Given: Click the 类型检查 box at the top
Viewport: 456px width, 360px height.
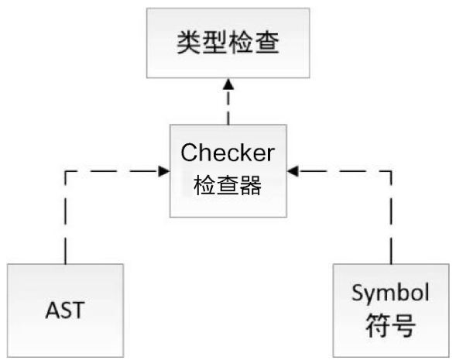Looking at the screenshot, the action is (x=228, y=43).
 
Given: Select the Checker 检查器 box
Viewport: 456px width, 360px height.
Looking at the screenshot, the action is (x=228, y=170).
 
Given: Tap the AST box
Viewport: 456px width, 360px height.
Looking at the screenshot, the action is (x=66, y=310).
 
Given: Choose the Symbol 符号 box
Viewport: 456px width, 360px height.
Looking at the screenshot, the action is (x=391, y=310).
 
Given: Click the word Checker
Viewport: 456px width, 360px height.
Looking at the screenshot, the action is (x=228, y=153).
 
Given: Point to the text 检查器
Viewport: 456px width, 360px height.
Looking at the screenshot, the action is (x=228, y=185).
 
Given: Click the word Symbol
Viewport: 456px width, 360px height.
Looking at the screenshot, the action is (x=390, y=293).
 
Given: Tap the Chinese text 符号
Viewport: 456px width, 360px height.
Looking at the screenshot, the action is (x=390, y=326).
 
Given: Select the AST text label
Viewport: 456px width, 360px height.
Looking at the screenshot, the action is (x=65, y=310).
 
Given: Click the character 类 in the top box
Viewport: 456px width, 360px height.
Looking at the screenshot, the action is (x=189, y=43).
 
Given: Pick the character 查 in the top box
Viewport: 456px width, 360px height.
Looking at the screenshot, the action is (x=267, y=43).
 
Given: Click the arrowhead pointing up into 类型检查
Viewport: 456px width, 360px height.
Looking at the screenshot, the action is (x=228, y=84).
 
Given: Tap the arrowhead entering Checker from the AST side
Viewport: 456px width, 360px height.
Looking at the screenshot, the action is (x=163, y=171).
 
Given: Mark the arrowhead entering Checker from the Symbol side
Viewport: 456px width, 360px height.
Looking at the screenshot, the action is (x=293, y=171).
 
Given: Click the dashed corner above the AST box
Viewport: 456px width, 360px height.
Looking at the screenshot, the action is (x=66, y=171).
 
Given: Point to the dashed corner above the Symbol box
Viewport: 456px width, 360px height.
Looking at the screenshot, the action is (x=391, y=171).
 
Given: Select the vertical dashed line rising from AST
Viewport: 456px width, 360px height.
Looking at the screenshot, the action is (x=66, y=218).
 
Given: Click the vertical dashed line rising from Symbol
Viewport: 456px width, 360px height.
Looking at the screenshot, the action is (x=391, y=218).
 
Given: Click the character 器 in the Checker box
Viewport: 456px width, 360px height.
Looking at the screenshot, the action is (x=251, y=185).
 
